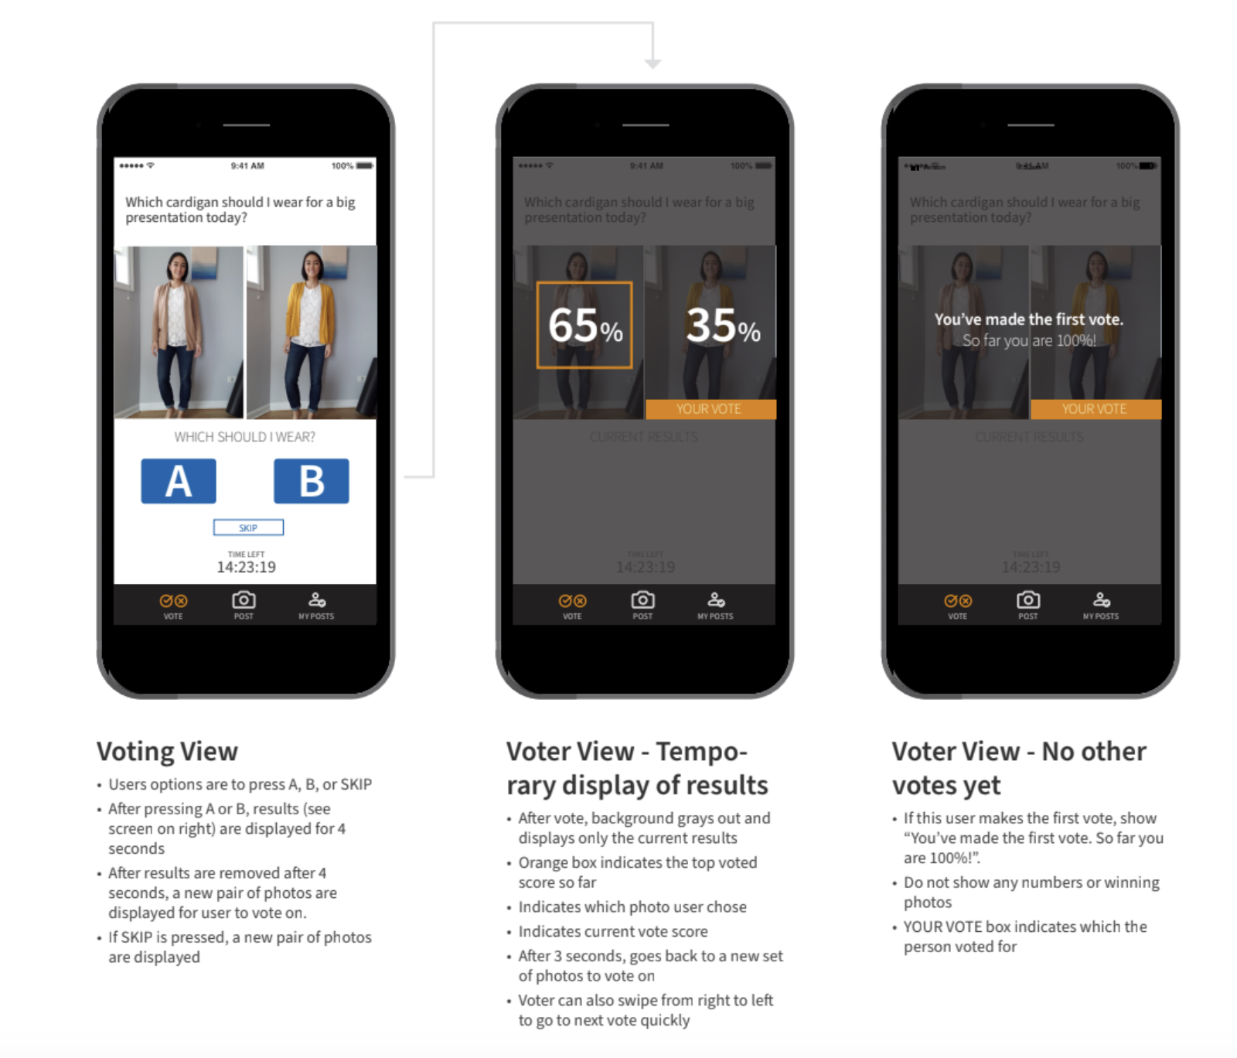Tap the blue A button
coord(179,481)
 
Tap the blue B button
coord(311,481)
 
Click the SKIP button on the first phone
coord(248,527)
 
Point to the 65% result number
coord(584,326)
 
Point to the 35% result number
coord(723,326)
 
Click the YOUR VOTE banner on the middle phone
coord(710,409)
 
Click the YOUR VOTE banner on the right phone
coord(1095,409)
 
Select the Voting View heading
coord(167,752)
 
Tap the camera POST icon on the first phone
coord(244,601)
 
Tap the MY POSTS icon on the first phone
coord(317,601)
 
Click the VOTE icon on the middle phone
coord(572,602)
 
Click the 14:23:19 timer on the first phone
coord(246,567)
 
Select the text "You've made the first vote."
coord(1028,319)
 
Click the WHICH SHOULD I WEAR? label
coord(244,437)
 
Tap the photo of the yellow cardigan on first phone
coord(312,333)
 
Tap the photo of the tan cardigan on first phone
coord(179,333)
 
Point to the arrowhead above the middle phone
coord(653,63)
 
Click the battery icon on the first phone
coord(365,166)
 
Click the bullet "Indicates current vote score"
coord(613,932)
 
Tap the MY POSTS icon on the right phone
coord(1101,601)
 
